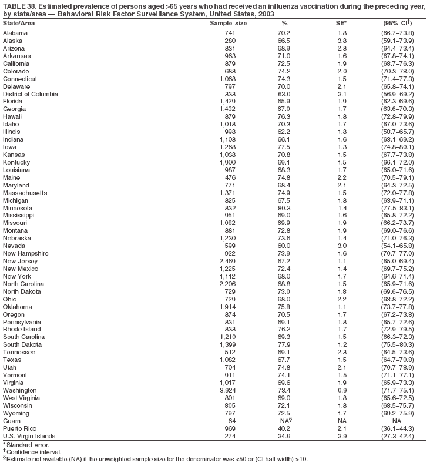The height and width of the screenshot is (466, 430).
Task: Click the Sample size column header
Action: pos(229,23)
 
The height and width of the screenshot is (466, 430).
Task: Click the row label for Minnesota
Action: pos(18,208)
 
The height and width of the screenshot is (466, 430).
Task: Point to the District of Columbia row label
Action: pos(31,93)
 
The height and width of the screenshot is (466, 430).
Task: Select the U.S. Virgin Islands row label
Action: pos(29,436)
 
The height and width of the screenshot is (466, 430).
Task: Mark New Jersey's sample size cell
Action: pos(227,261)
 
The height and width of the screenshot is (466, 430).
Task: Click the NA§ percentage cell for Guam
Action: pos(285,421)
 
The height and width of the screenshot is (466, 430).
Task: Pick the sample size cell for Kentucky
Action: pos(227,162)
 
